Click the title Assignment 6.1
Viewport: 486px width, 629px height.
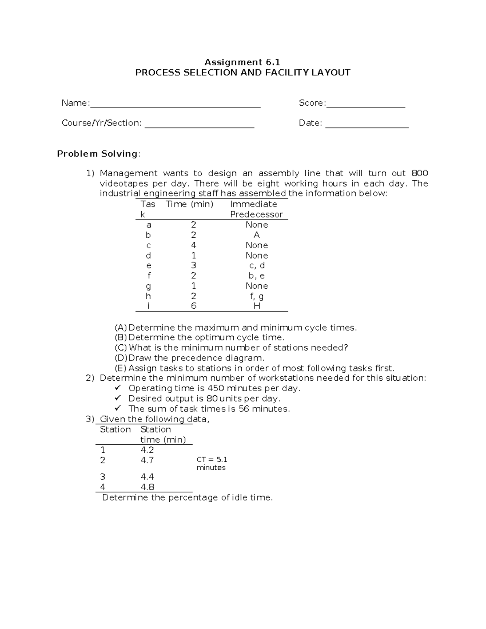tap(242, 62)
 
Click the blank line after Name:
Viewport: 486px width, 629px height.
tap(175, 106)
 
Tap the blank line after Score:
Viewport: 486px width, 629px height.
tap(365, 106)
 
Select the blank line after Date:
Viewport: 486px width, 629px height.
tap(367, 126)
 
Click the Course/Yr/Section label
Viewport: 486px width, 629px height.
tap(101, 123)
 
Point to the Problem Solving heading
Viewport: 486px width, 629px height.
tap(98, 154)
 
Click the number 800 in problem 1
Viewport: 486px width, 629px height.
tap(420, 173)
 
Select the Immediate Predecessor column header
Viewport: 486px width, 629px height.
tap(256, 209)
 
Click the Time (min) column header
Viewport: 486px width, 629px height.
tap(189, 204)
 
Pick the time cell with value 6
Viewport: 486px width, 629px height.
tap(194, 306)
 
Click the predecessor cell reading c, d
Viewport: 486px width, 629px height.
tap(257, 266)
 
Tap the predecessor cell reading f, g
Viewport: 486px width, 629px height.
tap(257, 296)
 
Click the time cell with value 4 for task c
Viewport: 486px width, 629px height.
tap(194, 245)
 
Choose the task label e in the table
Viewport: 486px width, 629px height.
tap(149, 266)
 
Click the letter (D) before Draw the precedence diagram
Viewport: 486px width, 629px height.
tap(121, 358)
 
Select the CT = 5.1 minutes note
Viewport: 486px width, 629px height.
tap(212, 463)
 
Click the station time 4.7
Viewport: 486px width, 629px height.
tap(147, 460)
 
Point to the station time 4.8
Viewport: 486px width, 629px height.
tap(147, 487)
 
